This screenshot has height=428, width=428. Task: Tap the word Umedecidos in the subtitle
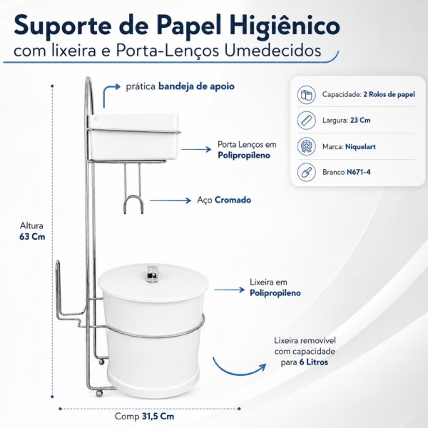coord(272,51)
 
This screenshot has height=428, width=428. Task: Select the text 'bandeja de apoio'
coord(196,86)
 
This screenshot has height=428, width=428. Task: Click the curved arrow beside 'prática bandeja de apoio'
coord(108,93)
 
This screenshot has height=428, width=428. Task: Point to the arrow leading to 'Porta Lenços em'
coord(196,149)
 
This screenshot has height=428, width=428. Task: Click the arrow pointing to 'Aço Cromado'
coord(170,200)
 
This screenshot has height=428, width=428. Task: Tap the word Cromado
coord(233,200)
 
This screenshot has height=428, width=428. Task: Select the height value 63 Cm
coord(32,236)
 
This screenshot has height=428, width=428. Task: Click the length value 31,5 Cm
coord(158,417)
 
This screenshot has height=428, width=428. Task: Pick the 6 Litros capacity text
coord(313,362)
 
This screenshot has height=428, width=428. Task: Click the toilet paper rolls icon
coord(306,95)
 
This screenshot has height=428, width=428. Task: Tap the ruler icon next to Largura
coord(306,121)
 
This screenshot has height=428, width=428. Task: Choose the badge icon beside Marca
coord(306,146)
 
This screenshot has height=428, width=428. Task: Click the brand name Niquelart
coord(360,147)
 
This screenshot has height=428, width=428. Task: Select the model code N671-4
coord(358,172)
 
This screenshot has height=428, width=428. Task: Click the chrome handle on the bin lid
coord(153,274)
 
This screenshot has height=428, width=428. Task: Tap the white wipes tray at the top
coord(133,137)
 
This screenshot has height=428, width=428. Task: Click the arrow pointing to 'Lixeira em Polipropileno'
coord(229,290)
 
